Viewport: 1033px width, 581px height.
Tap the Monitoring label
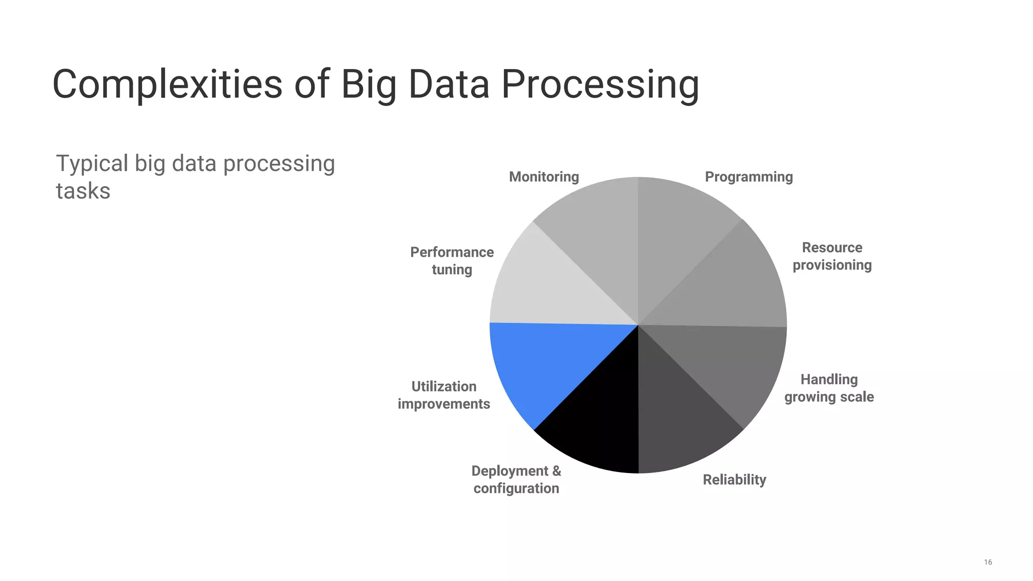544,177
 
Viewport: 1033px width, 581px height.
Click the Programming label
749,177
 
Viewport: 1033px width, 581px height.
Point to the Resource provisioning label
832,256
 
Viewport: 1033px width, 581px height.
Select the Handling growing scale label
829,388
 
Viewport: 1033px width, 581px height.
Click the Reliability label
734,480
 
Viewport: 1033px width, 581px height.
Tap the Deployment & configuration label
516,480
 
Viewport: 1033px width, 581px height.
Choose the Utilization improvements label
443,395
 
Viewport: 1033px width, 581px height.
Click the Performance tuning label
451,261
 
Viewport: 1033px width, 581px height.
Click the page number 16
988,562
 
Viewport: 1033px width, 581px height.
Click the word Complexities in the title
167,85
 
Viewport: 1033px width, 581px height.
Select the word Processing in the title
600,85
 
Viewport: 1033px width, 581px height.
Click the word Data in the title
448,84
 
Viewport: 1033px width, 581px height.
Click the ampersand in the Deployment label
556,471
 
